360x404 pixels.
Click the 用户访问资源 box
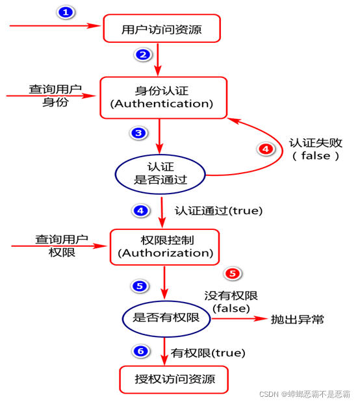coord(162,29)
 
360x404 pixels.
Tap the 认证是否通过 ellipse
coord(161,173)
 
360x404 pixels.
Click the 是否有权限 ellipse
coord(166,318)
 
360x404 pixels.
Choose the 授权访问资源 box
coord(174,379)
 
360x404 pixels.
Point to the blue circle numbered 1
coord(65,12)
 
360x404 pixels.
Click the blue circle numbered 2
coord(143,55)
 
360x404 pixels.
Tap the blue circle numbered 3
coord(138,134)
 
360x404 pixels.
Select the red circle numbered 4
coord(266,149)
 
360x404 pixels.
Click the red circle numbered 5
coord(232,273)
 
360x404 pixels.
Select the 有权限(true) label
coord(208,353)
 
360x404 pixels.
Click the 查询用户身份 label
coord(56,95)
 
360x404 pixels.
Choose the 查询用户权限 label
coord(62,246)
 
